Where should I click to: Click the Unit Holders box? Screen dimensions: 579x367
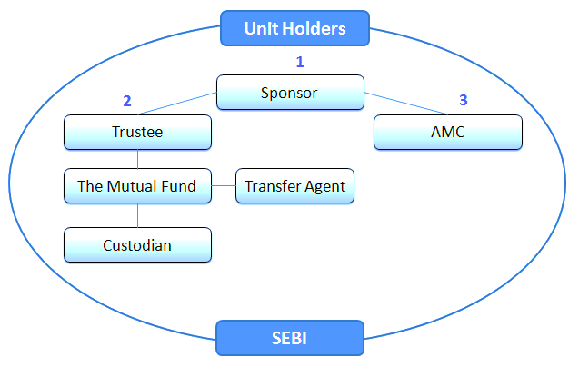coord(294,28)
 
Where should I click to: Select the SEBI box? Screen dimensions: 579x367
coord(290,338)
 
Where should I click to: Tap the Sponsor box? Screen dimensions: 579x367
coord(290,93)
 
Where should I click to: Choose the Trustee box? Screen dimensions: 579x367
coord(138,133)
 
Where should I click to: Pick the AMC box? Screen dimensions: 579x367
coord(448,133)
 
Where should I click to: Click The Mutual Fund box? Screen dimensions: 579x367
coord(138,186)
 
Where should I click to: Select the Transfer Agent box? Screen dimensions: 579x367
coord(294,186)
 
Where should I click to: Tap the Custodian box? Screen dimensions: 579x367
coord(138,245)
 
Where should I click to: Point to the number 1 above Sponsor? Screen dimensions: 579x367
coord(300,62)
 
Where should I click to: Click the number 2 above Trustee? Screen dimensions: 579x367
coord(127,101)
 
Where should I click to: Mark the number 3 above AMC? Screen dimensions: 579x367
coord(464,100)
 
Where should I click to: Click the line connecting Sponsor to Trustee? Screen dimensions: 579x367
coord(177,104)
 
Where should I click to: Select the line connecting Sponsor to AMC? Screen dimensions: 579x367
coord(405,104)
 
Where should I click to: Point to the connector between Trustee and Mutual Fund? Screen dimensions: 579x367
coord(138,159)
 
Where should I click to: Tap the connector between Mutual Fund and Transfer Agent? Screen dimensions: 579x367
coord(224,185)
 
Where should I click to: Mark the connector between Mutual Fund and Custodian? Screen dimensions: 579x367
coord(138,215)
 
